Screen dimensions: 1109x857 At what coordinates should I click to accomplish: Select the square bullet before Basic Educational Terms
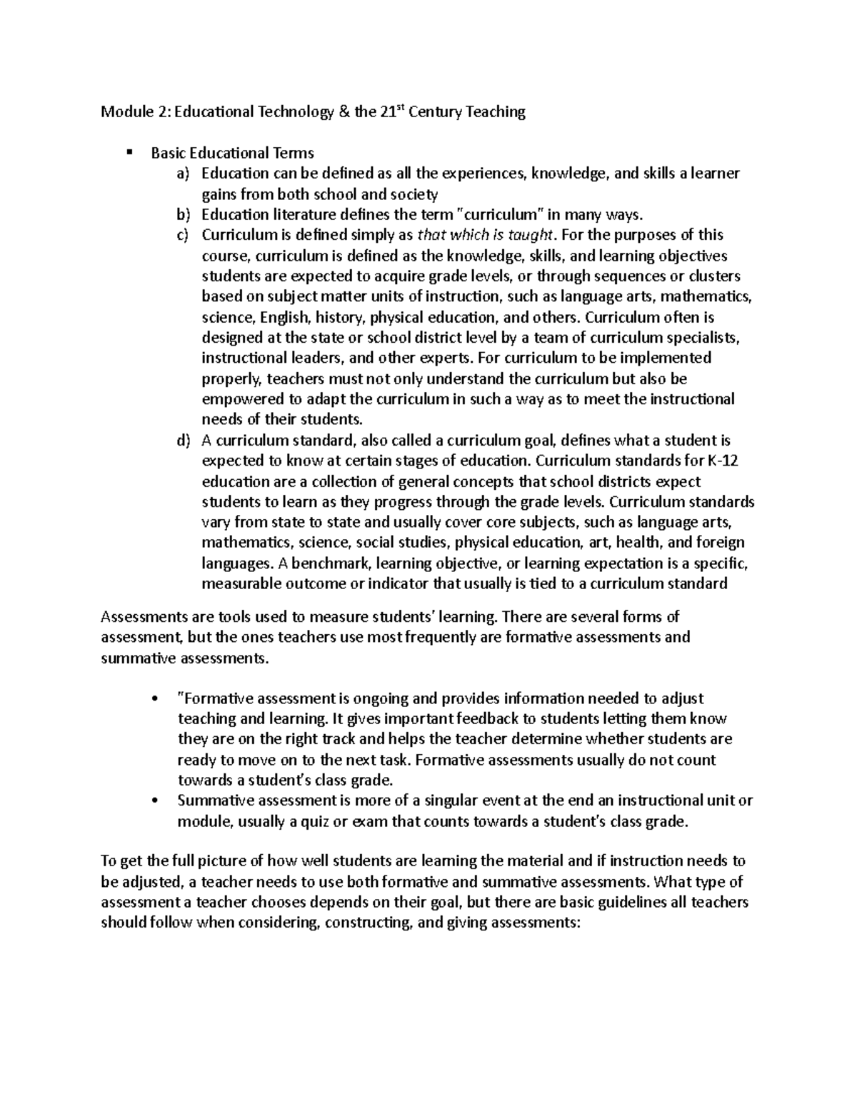click(x=129, y=152)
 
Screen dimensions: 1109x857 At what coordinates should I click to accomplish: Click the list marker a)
click(x=184, y=174)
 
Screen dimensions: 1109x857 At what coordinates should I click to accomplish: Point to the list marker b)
click(x=184, y=214)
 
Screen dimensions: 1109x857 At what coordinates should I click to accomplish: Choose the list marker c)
click(x=184, y=235)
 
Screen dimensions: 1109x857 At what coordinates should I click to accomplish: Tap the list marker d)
click(x=184, y=441)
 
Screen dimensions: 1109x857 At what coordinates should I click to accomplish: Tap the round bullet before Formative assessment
click(x=155, y=698)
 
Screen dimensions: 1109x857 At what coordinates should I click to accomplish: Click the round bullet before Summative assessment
click(x=155, y=801)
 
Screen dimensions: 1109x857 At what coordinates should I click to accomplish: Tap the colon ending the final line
click(x=581, y=923)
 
